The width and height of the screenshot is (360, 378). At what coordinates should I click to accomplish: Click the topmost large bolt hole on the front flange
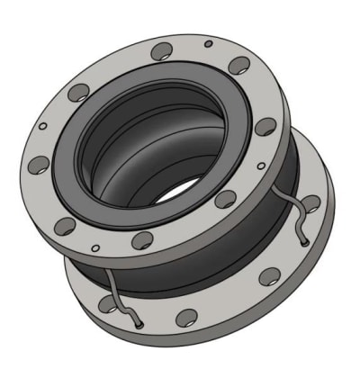(163, 51)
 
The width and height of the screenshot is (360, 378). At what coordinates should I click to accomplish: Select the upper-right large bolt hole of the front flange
(239, 66)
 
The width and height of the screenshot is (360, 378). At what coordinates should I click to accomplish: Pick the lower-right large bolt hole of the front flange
(225, 199)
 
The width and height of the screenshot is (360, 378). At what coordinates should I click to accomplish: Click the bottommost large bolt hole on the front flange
(143, 239)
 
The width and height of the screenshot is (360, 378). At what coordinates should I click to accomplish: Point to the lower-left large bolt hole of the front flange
(66, 225)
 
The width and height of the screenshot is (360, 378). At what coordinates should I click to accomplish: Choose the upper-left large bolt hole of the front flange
(79, 92)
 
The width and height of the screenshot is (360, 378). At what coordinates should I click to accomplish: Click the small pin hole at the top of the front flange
(209, 43)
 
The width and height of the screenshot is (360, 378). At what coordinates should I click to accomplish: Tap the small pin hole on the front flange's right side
(261, 166)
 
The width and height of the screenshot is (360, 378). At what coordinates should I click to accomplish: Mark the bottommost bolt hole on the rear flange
(187, 317)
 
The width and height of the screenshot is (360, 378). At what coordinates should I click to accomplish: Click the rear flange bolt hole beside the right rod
(310, 203)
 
